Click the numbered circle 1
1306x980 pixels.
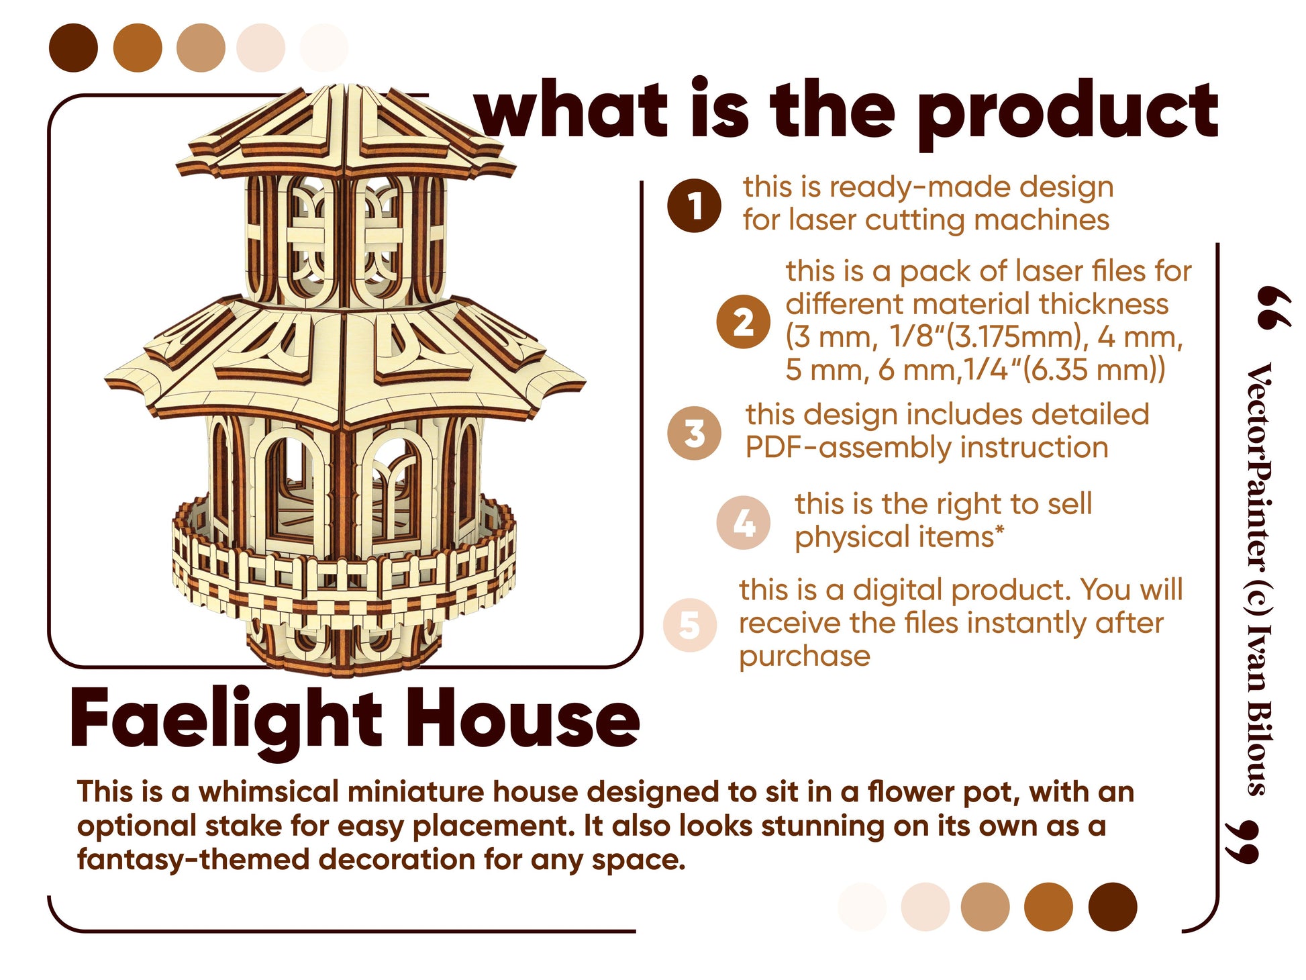point(694,206)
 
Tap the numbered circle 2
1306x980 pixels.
point(742,322)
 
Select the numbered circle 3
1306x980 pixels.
point(694,433)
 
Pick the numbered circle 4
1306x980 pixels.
point(743,523)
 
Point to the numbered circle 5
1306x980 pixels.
point(690,625)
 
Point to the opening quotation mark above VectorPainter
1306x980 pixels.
point(1272,308)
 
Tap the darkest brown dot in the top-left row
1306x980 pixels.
point(73,48)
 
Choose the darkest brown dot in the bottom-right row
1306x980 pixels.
point(1113,907)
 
